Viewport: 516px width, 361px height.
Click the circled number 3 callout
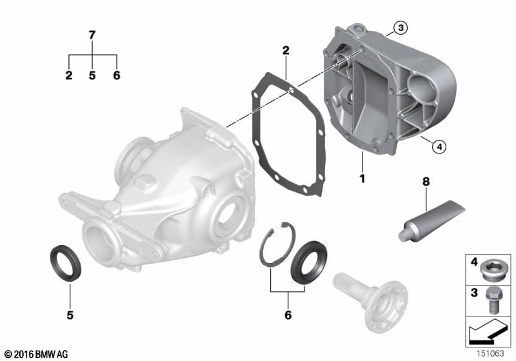pos(401,28)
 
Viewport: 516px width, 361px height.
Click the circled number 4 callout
pos(439,146)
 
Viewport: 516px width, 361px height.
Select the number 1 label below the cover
pos(362,179)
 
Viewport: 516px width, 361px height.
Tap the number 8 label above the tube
pos(426,181)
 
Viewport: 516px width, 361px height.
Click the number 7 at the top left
pos(92,35)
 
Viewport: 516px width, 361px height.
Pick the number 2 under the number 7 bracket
pos(69,75)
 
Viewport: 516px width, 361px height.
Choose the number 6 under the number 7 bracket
pos(117,75)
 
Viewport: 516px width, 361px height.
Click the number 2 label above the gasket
pos(286,50)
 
